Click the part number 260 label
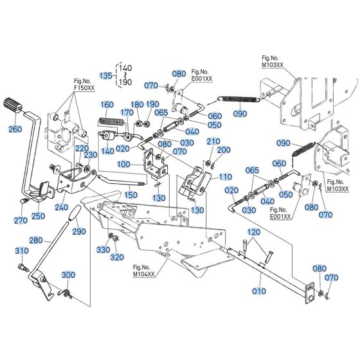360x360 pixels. pyautogui.click(x=15, y=129)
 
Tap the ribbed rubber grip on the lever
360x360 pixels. pyautogui.click(x=13, y=105)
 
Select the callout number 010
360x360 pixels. pyautogui.click(x=259, y=291)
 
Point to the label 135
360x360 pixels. pyautogui.click(x=106, y=76)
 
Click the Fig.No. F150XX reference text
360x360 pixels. pyautogui.click(x=84, y=84)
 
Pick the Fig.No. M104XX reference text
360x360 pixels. pyautogui.click(x=144, y=271)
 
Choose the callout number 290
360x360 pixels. pyautogui.click(x=79, y=231)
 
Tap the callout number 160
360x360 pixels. pyautogui.click(x=107, y=105)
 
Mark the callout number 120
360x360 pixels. pyautogui.click(x=254, y=232)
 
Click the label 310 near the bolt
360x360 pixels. pyautogui.click(x=22, y=251)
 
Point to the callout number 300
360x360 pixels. pyautogui.click(x=68, y=274)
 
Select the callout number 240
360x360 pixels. pyautogui.click(x=62, y=207)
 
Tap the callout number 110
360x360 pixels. pyautogui.click(x=226, y=177)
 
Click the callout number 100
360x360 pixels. pyautogui.click(x=123, y=165)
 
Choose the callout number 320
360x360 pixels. pyautogui.click(x=117, y=257)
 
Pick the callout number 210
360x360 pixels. pyautogui.click(x=213, y=141)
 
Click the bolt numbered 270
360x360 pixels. pyautogui.click(x=24, y=201)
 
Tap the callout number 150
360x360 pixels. pyautogui.click(x=131, y=195)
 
